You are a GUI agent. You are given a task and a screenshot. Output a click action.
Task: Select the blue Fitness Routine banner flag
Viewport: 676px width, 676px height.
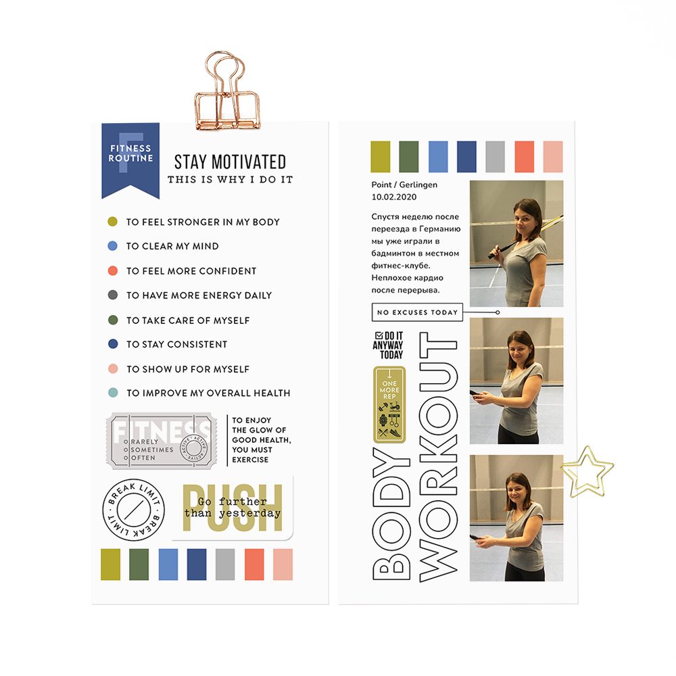[x=130, y=158]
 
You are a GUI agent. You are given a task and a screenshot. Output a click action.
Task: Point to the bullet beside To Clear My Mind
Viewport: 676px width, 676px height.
[x=113, y=246]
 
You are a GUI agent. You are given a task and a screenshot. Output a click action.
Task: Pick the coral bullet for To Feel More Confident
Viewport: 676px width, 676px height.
[x=113, y=271]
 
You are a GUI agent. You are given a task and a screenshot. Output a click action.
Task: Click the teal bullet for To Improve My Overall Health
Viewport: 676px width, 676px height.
[x=113, y=393]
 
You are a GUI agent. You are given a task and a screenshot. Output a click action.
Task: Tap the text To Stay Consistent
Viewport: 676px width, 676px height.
[x=176, y=344]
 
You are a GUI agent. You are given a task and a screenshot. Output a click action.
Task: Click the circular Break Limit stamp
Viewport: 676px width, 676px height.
[x=133, y=510]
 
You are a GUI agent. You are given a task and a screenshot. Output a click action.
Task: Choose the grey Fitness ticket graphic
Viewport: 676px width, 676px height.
[x=162, y=440]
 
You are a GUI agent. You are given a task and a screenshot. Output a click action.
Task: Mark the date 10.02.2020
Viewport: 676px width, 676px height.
[x=394, y=197]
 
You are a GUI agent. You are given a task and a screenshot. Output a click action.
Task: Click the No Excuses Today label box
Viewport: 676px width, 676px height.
[x=417, y=312]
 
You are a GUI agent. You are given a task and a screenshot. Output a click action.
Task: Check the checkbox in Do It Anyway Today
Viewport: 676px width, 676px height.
[x=378, y=335]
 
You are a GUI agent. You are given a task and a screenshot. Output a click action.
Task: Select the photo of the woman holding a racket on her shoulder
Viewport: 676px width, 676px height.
[x=516, y=243]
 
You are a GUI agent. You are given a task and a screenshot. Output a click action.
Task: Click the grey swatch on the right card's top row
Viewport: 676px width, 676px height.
[x=495, y=156]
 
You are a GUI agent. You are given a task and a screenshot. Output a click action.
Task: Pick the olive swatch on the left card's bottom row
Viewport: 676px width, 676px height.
[x=110, y=564]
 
